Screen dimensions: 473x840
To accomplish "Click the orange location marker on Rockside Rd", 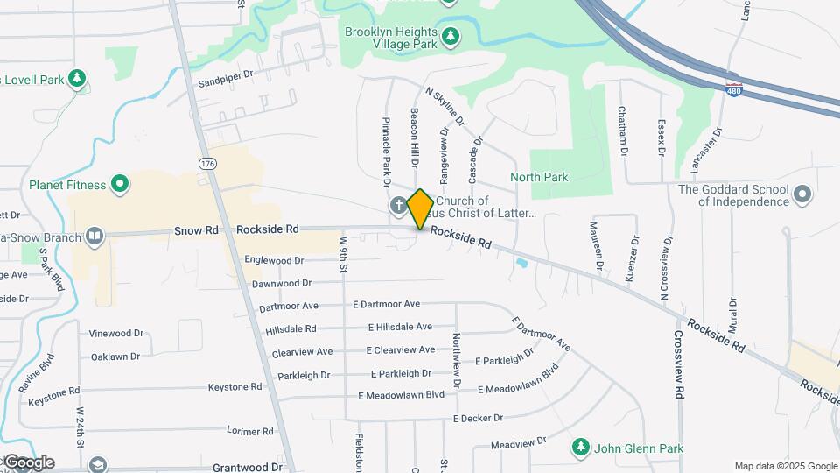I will (420, 208).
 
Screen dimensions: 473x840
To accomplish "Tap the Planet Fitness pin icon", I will (121, 185).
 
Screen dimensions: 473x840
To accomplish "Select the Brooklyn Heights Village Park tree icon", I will (450, 36).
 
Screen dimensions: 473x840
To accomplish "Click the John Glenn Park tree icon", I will (579, 448).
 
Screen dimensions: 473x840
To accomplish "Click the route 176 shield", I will (206, 164).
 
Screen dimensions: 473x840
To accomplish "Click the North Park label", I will (540, 178).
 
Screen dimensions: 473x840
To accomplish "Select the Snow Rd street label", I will (195, 229).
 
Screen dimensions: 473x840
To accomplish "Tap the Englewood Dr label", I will (274, 260).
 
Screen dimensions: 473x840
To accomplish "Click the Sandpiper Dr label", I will (225, 81).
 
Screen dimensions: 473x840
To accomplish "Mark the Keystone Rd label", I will (234, 386).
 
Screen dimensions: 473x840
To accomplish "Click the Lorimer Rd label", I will (250, 431).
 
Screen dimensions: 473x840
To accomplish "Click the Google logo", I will (28, 462).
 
